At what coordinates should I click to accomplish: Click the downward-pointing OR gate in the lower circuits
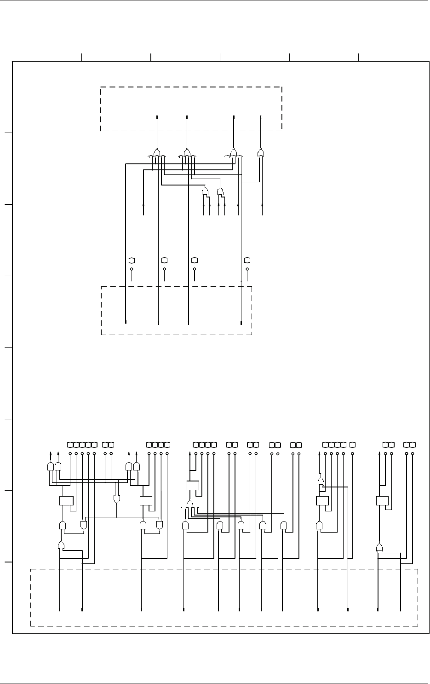[x=117, y=499]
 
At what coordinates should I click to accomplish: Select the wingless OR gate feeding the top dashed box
[x=261, y=152]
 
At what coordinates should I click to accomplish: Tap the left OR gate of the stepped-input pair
[x=205, y=191]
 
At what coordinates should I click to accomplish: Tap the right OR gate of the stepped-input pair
[x=220, y=191]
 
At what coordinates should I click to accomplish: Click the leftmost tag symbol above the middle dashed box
[x=132, y=260]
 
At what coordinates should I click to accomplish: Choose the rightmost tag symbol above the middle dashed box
[x=247, y=260]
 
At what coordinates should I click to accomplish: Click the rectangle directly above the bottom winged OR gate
[x=192, y=486]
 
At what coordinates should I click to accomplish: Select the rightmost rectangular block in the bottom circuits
[x=382, y=501]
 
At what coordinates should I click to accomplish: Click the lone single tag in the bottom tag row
[x=352, y=445]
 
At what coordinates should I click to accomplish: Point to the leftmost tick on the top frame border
[x=82, y=57]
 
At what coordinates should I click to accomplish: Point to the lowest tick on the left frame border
[x=8, y=562]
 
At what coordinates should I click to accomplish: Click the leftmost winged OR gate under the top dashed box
[x=157, y=152]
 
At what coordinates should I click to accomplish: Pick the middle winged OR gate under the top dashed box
[x=187, y=152]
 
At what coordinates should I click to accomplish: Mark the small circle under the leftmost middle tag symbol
[x=132, y=269]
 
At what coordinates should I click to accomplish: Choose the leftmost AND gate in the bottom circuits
[x=50, y=467]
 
